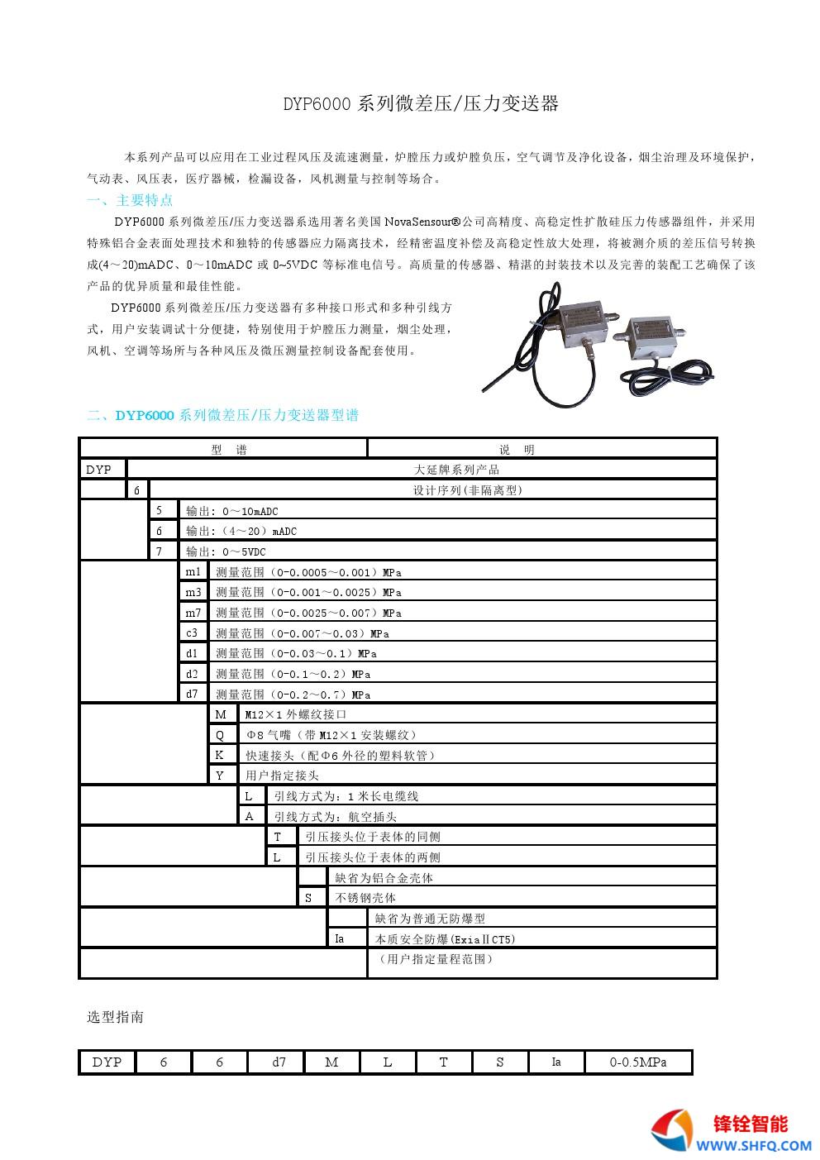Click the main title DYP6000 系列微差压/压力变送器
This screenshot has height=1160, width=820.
coord(421,103)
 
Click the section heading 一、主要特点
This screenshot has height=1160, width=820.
coord(130,200)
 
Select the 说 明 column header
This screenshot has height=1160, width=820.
coord(517,450)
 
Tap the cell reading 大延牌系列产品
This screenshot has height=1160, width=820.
coord(456,470)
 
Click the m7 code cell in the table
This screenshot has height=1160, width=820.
coord(192,613)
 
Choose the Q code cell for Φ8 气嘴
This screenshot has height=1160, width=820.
coord(220,735)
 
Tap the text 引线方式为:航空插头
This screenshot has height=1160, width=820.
coord(336,817)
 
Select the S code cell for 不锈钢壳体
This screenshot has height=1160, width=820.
coord(309,898)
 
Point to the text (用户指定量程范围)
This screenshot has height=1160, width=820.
coord(436,960)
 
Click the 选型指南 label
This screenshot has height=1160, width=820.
coord(116,1017)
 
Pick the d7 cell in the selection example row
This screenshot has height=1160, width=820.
coord(279,1062)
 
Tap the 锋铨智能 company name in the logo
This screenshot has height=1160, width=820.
coord(751,1124)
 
